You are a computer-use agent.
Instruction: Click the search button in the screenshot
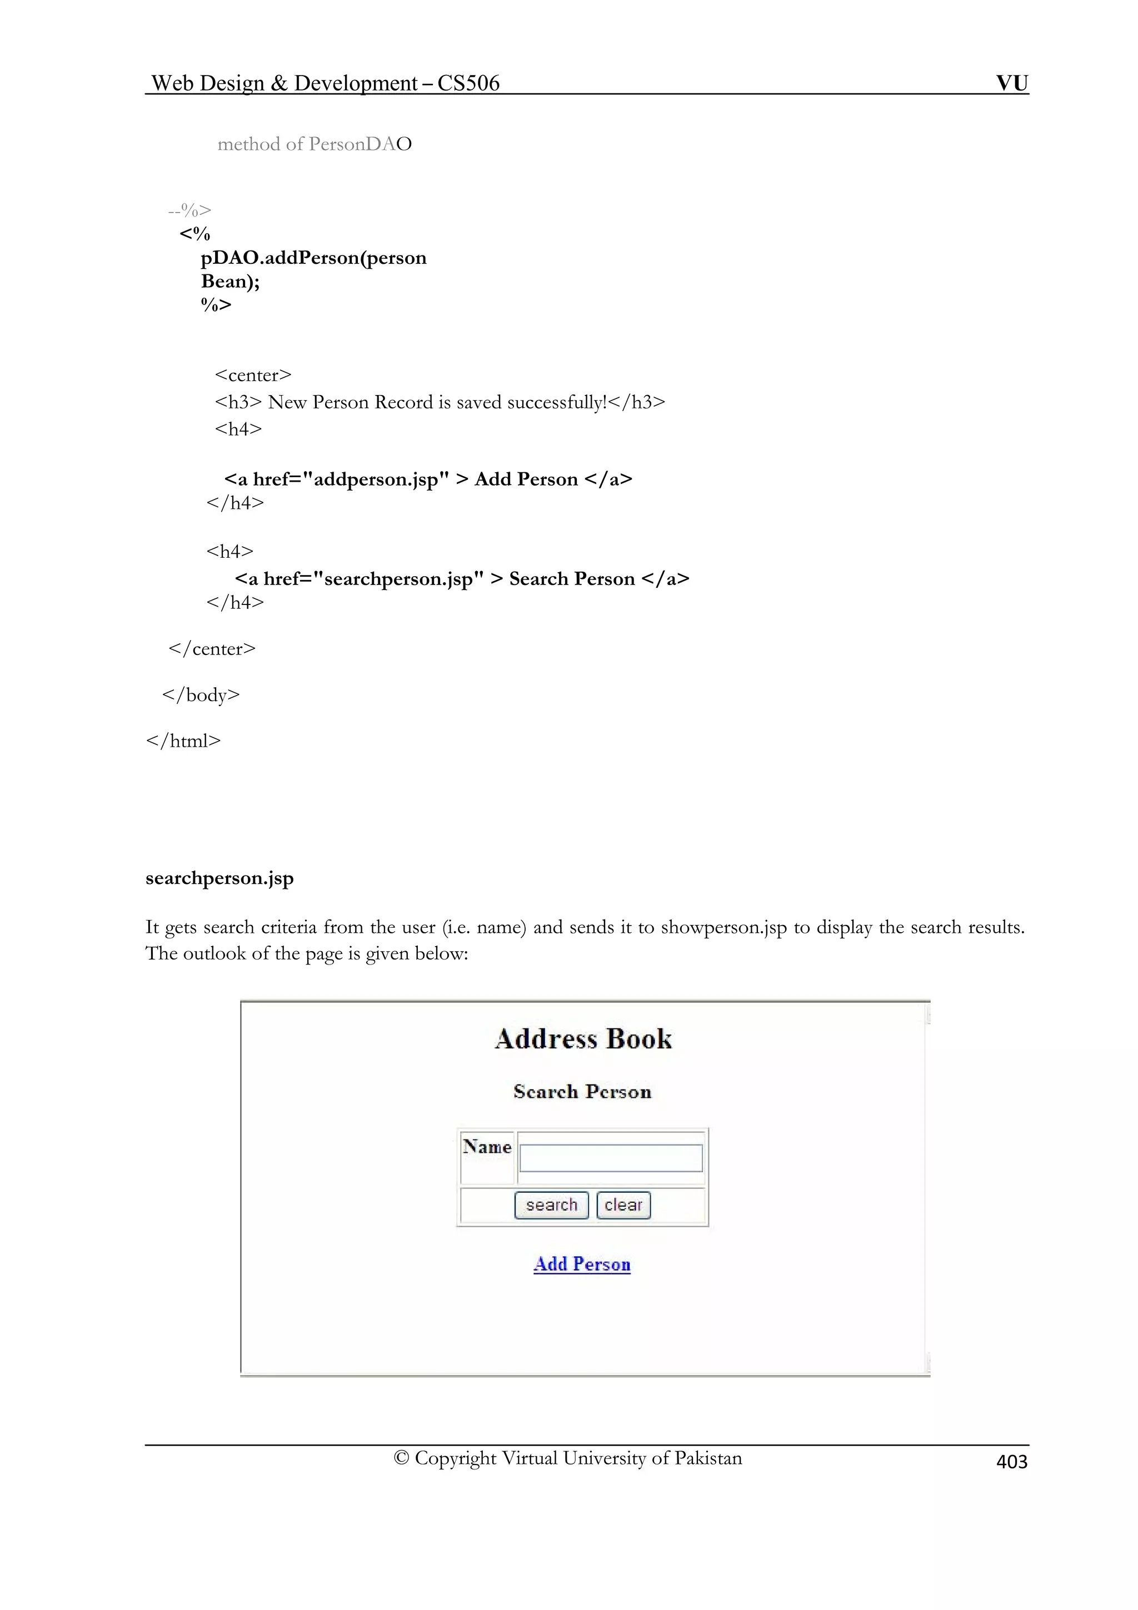551,1204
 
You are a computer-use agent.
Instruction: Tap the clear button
623,1204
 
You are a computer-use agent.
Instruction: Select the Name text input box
611,1158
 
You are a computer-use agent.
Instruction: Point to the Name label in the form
487,1147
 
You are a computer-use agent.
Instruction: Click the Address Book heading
583,1038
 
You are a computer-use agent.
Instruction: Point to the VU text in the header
1012,83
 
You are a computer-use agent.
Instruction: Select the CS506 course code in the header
468,83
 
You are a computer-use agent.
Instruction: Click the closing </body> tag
201,695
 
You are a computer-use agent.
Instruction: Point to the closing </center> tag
212,649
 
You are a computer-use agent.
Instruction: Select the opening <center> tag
253,375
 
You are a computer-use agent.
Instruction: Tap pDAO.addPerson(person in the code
313,258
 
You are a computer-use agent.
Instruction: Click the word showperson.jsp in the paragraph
723,927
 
